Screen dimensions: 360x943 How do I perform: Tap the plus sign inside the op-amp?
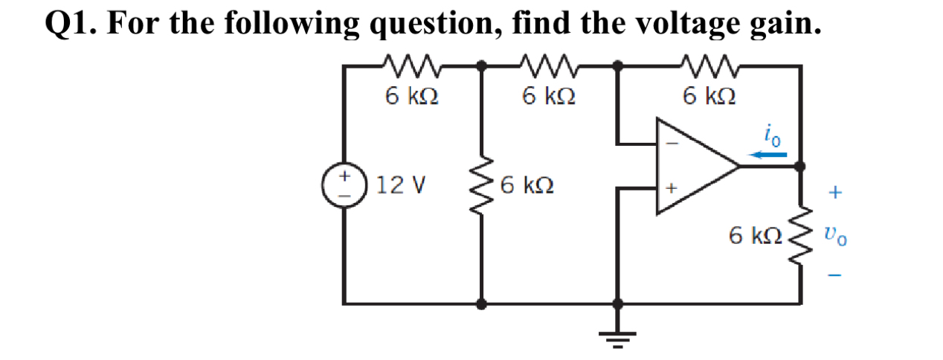(x=669, y=190)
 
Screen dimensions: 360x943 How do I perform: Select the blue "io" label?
(x=770, y=138)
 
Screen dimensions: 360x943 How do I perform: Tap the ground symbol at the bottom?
(x=617, y=336)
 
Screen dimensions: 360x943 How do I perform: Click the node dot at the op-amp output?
(x=801, y=167)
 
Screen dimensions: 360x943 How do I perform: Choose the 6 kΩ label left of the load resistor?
(x=755, y=236)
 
